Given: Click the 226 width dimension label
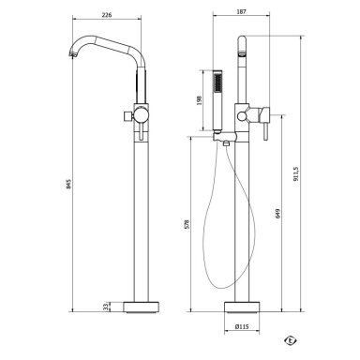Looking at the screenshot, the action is [x=107, y=15].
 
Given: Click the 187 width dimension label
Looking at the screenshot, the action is [x=242, y=11].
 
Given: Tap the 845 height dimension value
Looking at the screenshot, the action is [x=69, y=184].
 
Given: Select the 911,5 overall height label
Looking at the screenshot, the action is [x=296, y=173].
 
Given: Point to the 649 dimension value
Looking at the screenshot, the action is [x=278, y=214].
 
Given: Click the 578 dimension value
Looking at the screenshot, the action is [x=187, y=224].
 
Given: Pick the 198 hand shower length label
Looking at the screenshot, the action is [x=200, y=100].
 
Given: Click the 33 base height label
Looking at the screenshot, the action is [x=106, y=307].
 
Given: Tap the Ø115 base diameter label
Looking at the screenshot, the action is [x=242, y=327].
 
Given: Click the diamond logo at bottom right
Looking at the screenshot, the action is [x=291, y=340].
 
